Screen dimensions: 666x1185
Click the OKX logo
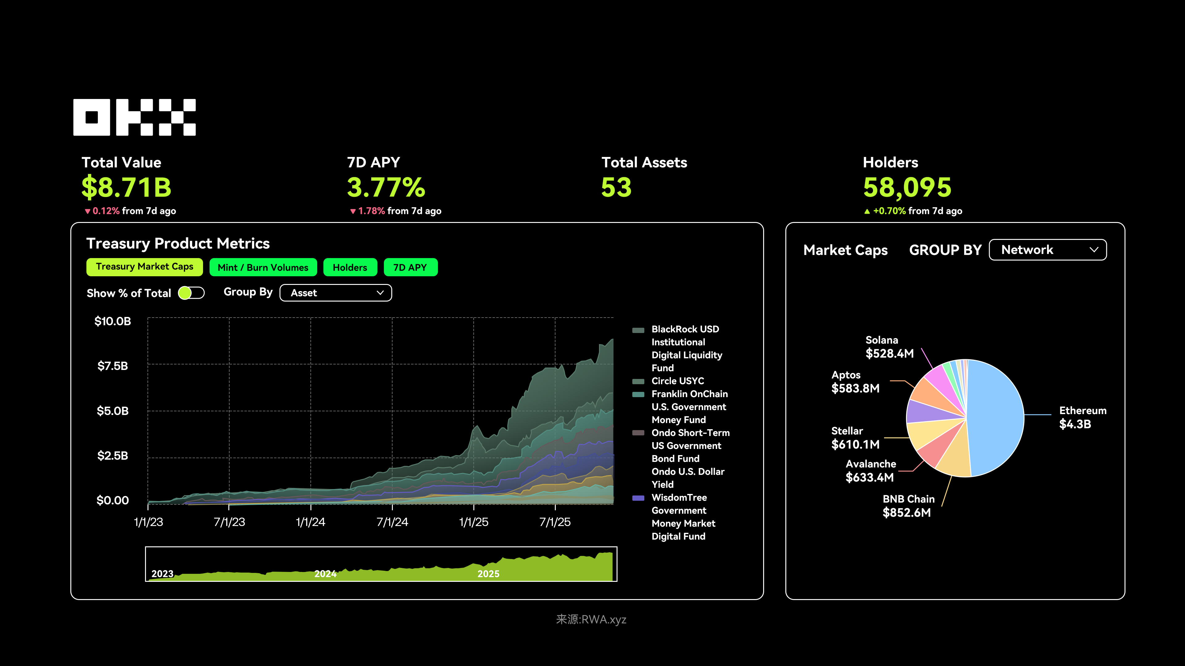[134, 117]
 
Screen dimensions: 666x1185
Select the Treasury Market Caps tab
[144, 267]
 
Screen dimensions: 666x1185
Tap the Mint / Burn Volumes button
[263, 268]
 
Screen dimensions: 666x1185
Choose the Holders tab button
[350, 268]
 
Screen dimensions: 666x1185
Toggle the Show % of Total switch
[191, 293]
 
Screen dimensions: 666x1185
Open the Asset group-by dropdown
[335, 293]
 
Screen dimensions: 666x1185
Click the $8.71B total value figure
[127, 187]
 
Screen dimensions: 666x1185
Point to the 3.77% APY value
[386, 187]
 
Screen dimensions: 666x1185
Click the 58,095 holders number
[907, 187]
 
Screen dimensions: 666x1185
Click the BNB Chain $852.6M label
[908, 506]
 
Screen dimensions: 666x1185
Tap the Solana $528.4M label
[889, 347]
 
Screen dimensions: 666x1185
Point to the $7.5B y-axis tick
[113, 366]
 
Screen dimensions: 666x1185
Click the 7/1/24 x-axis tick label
[392, 522]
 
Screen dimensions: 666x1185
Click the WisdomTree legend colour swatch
[638, 498]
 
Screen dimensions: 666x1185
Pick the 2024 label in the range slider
[325, 573]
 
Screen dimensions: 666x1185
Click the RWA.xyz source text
[591, 619]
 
